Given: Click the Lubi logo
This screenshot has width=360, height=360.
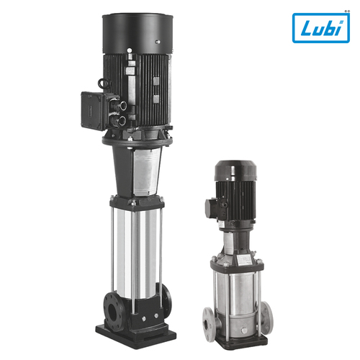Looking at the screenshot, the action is (321, 28).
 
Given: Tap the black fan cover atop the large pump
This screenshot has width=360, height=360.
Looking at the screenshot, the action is (138, 34).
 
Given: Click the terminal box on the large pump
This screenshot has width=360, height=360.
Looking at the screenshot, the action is (93, 110).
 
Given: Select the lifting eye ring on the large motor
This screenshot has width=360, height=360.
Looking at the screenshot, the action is (104, 84).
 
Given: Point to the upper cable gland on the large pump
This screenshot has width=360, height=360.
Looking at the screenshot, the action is (123, 105).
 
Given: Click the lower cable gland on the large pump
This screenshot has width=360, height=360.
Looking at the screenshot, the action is (122, 120).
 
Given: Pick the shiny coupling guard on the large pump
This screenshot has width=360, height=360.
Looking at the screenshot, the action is (146, 171).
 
